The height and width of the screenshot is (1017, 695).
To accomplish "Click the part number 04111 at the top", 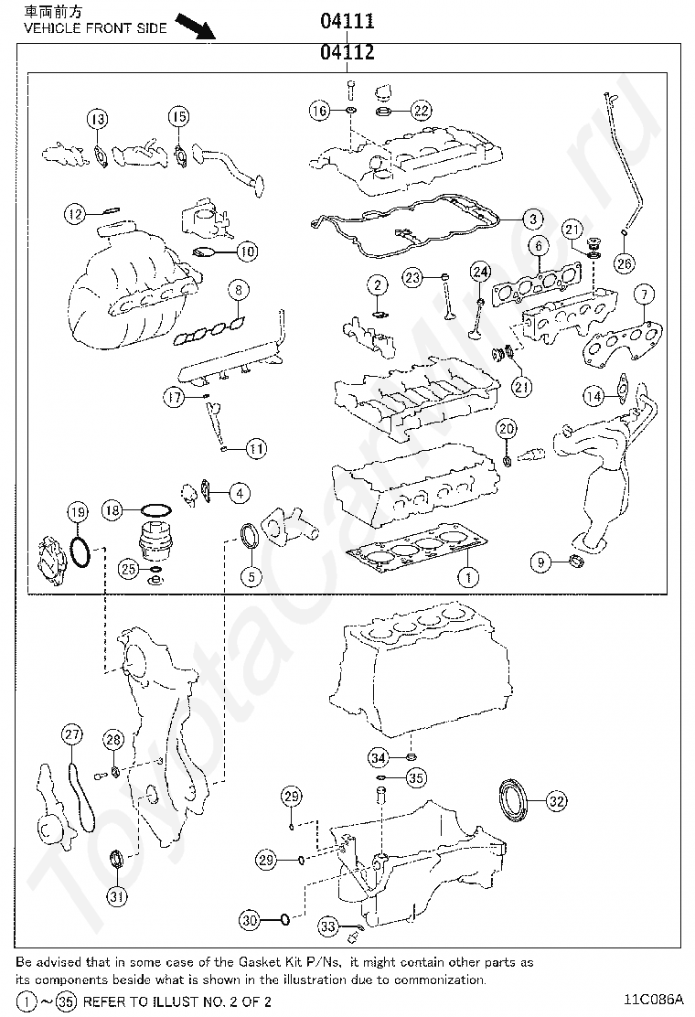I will coord(347,21).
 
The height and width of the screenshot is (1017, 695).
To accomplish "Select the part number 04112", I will coord(347,53).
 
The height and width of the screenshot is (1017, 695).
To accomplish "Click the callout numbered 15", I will coord(178,116).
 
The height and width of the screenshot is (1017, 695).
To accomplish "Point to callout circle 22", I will coord(420,111).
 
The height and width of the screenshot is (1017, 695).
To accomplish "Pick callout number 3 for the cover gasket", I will coord(532,219).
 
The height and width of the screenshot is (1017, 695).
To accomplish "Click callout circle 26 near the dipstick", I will coord(623,263).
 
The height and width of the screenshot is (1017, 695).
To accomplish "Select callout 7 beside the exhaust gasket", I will coord(645,294).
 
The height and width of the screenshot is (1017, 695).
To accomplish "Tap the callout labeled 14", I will coord(594,396).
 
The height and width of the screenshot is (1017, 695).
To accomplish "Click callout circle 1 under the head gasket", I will coord(467,577).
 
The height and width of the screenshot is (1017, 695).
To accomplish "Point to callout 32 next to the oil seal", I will coord(556,801).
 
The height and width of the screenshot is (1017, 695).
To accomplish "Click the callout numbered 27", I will coord(72,733).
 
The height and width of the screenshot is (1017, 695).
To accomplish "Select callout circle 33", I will coord(329,926).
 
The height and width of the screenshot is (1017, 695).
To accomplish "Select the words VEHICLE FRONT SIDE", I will coord(95,28).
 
